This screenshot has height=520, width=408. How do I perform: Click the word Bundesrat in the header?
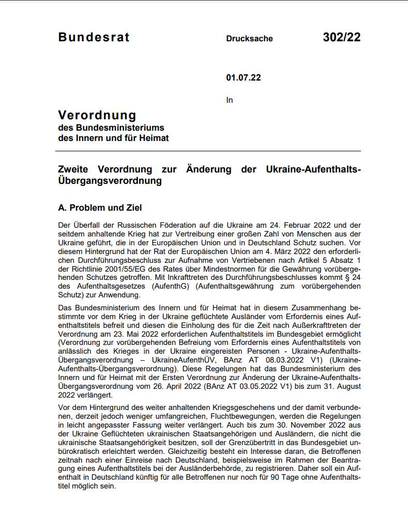[x=94, y=37]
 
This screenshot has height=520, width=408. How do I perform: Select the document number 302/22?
[x=341, y=37]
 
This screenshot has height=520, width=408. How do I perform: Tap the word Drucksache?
[x=249, y=39]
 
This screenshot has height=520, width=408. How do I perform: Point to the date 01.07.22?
[x=243, y=78]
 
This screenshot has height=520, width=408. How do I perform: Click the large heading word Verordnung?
[x=97, y=115]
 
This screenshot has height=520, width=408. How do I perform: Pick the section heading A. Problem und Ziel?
[x=100, y=208]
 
